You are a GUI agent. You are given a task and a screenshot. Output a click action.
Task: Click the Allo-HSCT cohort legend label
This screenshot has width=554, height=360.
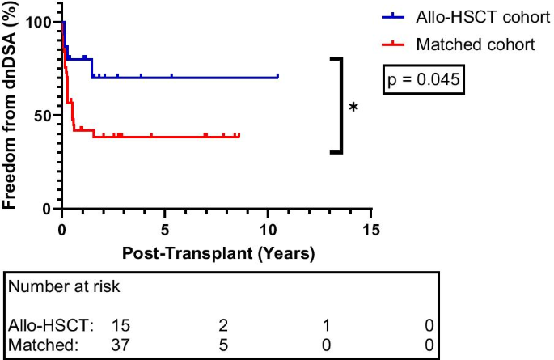[478, 17]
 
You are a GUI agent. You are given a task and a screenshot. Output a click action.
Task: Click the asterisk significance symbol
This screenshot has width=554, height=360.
[353, 108]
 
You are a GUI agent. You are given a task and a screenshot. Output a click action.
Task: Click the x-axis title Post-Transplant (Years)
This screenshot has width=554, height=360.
[218, 252]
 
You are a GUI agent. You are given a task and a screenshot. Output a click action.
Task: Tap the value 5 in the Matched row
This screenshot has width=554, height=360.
[224, 345]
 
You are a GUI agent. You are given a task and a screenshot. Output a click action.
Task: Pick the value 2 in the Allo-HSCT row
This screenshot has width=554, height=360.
[224, 325]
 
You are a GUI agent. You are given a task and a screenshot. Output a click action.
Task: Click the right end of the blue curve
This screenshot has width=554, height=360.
[277, 77]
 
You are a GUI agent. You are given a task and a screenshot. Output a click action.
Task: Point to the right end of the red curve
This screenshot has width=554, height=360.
[239, 136]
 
